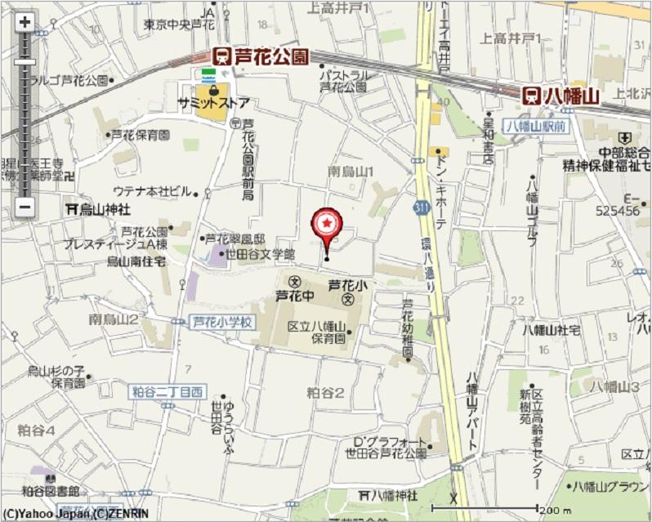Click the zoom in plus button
tap(25, 22)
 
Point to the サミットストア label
tap(213, 104)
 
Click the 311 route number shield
tap(421, 209)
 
